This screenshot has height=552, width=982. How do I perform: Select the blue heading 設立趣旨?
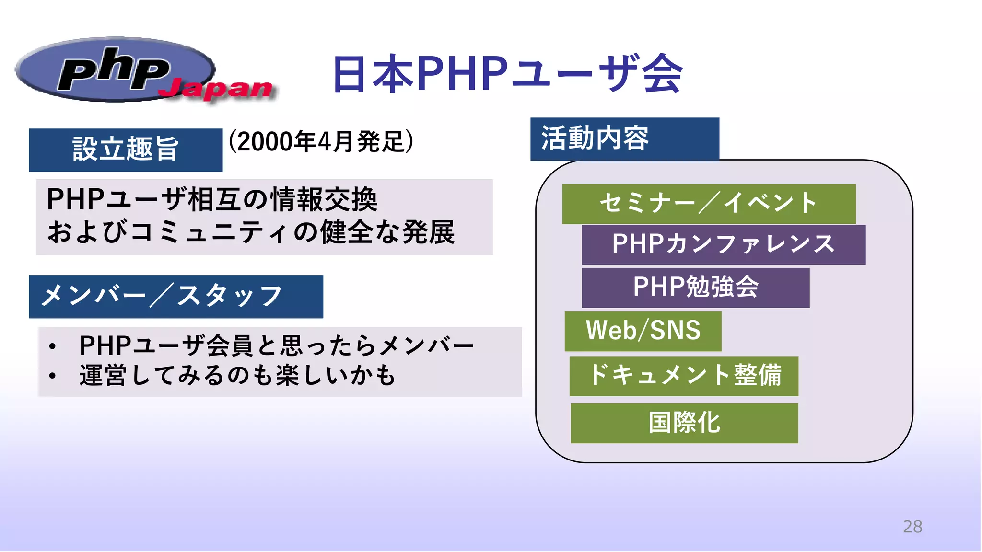point(126,149)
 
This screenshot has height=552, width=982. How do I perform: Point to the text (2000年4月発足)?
point(320,141)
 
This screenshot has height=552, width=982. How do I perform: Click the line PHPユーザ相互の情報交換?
point(212,199)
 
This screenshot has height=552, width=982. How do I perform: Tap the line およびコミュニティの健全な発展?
point(250,232)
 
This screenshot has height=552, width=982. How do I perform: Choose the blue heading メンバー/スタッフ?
point(175,296)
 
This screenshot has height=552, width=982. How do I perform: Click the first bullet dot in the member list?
point(52,346)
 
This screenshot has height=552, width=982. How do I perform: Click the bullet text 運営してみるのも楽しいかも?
point(237,375)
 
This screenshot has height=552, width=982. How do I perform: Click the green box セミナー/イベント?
point(708,204)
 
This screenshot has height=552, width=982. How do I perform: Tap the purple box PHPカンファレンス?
point(723,244)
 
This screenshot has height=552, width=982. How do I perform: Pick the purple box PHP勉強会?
point(695,287)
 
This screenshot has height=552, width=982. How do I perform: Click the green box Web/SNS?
point(643,331)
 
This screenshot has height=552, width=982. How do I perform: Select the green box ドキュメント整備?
point(683,376)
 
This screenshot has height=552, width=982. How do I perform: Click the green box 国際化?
point(684,423)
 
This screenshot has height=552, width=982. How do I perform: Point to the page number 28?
point(912,527)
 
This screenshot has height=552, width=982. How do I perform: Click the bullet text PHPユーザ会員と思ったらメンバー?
point(277,345)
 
